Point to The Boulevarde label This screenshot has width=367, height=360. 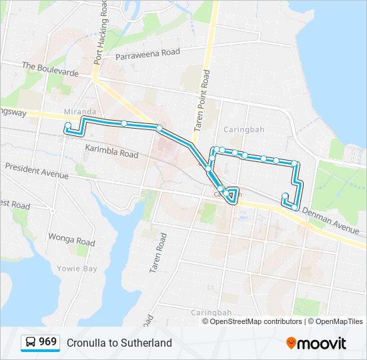pos(51,67)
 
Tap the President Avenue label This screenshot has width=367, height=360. pos(36,171)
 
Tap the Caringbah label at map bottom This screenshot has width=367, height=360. pos(211,312)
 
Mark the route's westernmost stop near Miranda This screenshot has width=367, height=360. pos(68,125)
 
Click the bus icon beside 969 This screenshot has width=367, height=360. pos(31,343)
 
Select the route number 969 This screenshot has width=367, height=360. pos(48,342)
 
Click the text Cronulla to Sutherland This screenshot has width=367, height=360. pos(119,343)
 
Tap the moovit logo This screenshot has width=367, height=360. pos(317,343)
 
